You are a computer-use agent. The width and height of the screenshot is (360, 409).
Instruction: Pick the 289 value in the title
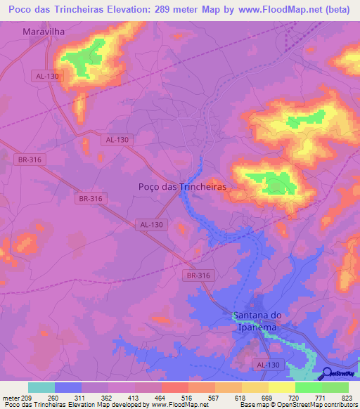tap(169, 11)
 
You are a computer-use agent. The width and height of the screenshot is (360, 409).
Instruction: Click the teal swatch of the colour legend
tap(41, 387)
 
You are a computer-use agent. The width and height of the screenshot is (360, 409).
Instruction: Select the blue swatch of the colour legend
tap(68, 387)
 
